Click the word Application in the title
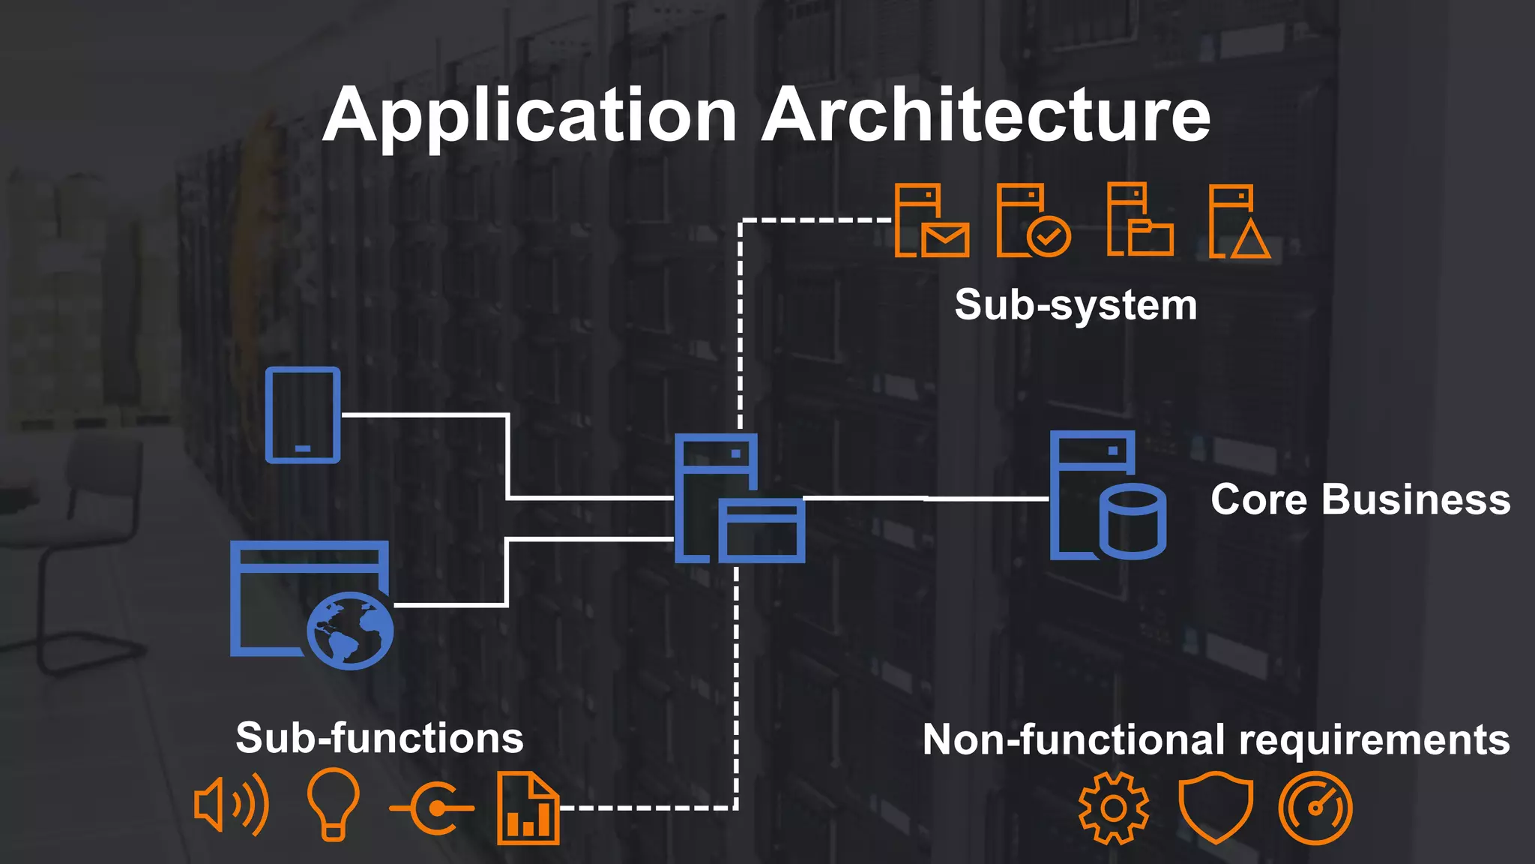pyautogui.click(x=530, y=116)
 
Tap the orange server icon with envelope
pyautogui.click(x=932, y=222)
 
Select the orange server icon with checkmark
pyautogui.click(x=1033, y=222)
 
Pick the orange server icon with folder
pyautogui.click(x=1140, y=220)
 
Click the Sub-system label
pyautogui.click(x=1076, y=305)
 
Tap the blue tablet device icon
pyautogui.click(x=303, y=415)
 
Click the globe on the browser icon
pyautogui.click(x=350, y=630)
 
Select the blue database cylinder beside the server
pyautogui.click(x=1133, y=521)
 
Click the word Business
pyautogui.click(x=1416, y=500)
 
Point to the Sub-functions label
pyautogui.click(x=379, y=738)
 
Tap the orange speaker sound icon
pyautogui.click(x=230, y=805)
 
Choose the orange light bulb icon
pyautogui.click(x=334, y=802)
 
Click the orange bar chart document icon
pyautogui.click(x=528, y=808)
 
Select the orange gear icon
pyautogui.click(x=1113, y=808)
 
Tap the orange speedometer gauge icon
pyautogui.click(x=1315, y=808)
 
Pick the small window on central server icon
pyautogui.click(x=762, y=531)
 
